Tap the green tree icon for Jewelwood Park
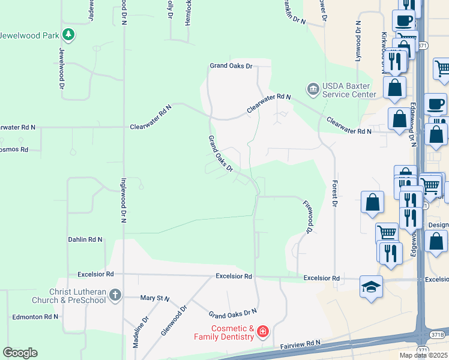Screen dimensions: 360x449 click(x=70, y=35)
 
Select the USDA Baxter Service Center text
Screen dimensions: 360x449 click(x=349, y=89)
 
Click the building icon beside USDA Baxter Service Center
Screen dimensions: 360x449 click(x=313, y=89)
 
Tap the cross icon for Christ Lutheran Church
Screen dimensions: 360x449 click(x=115, y=295)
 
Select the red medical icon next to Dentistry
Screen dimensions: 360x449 click(x=262, y=332)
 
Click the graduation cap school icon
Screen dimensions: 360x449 click(x=371, y=287)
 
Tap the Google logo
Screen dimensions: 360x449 click(x=20, y=353)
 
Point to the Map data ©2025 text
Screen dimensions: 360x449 click(x=424, y=355)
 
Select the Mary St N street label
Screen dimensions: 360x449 click(x=155, y=298)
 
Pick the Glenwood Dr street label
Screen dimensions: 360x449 click(x=174, y=320)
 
